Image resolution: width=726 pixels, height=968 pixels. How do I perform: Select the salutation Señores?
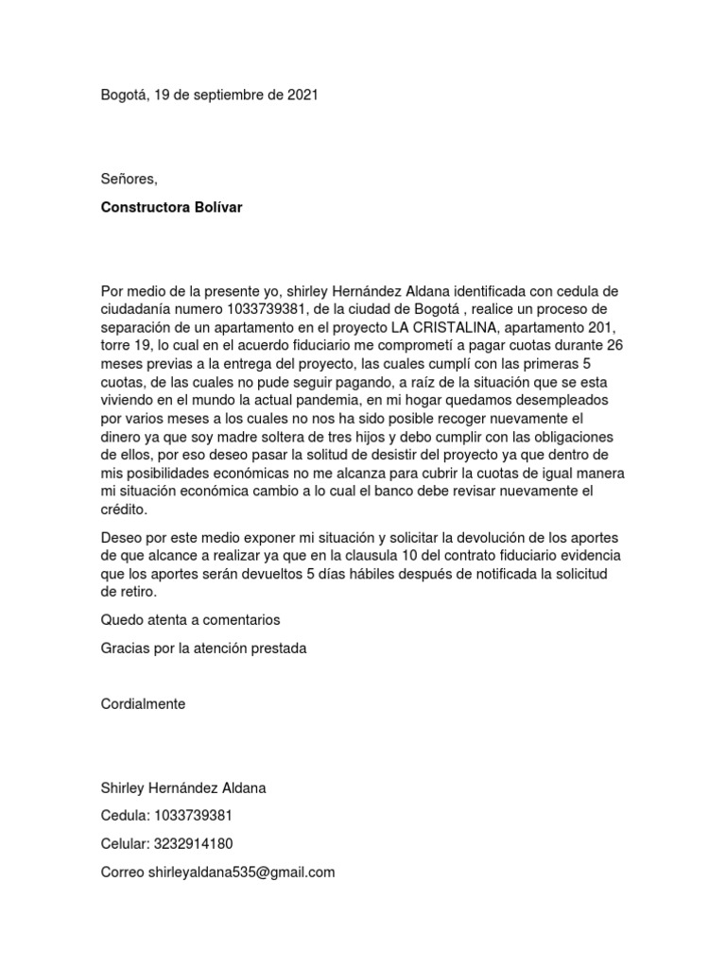(x=130, y=179)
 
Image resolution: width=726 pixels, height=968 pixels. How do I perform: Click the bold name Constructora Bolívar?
(x=171, y=207)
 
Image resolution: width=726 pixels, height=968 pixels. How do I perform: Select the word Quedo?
(x=122, y=620)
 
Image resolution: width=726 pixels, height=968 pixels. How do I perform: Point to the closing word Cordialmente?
(x=143, y=704)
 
